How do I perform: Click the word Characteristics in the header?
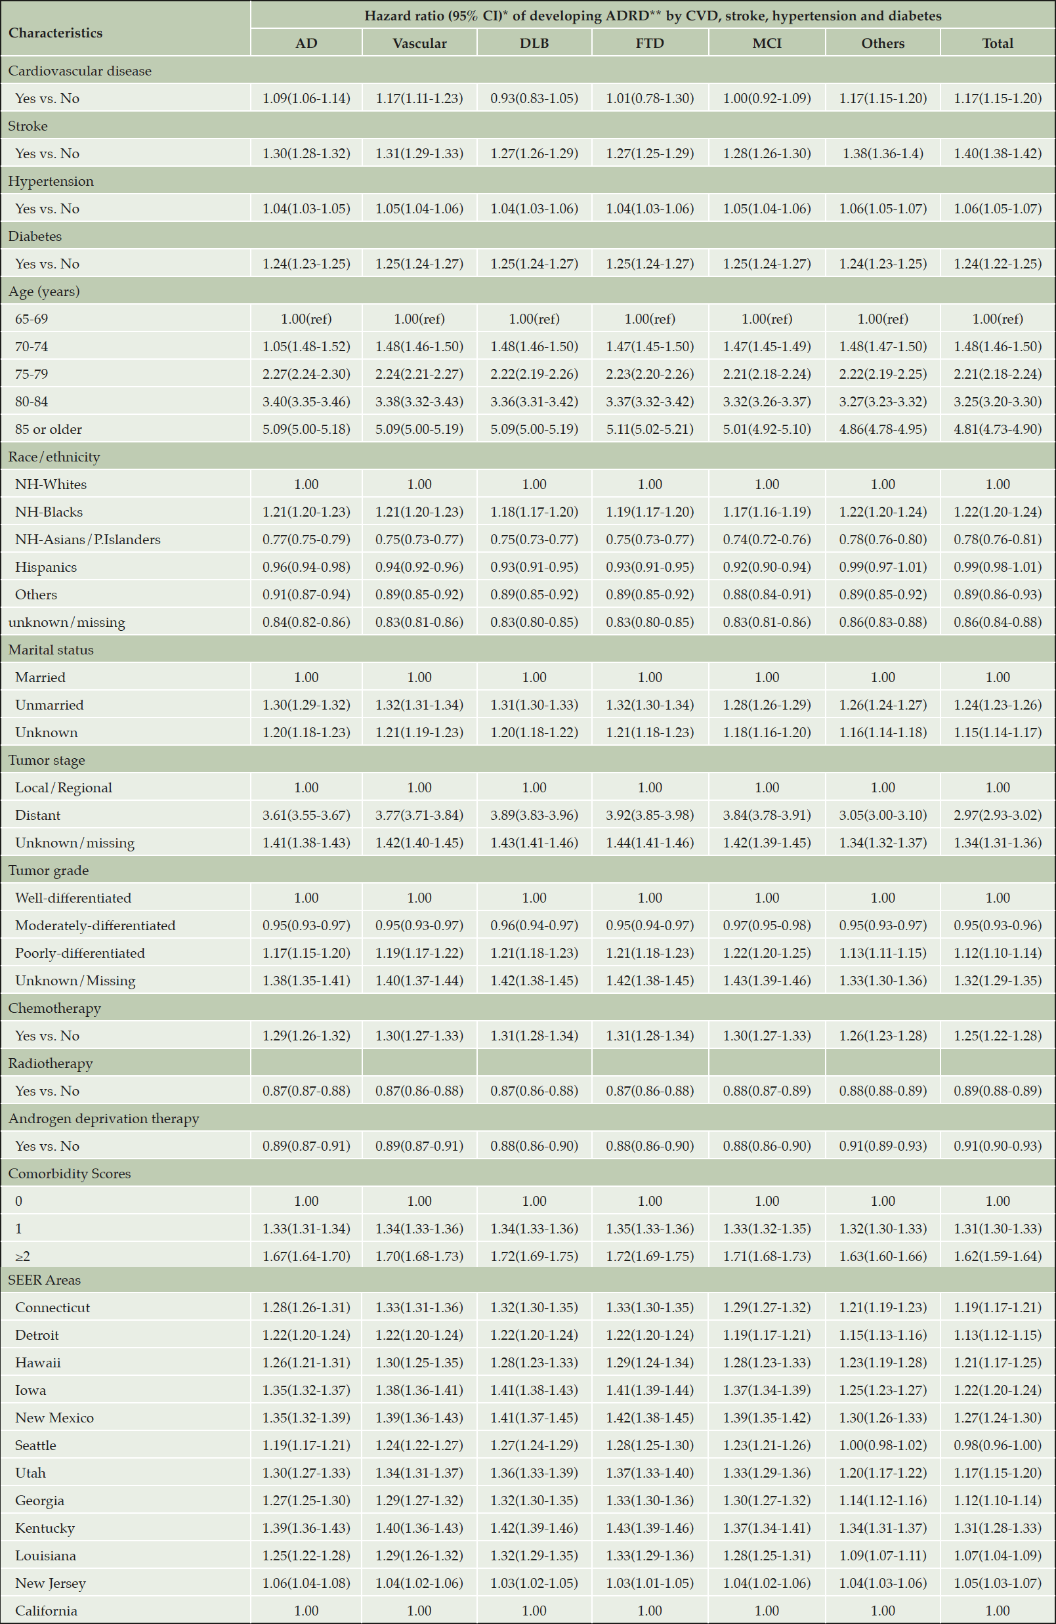(x=55, y=33)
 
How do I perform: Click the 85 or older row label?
(x=49, y=429)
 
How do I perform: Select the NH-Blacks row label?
(x=49, y=512)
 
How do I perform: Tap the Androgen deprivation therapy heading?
(x=104, y=1119)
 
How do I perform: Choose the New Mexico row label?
(x=54, y=1417)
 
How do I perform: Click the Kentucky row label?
(x=45, y=1528)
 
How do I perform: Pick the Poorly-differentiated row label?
(x=80, y=953)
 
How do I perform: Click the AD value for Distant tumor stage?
(x=306, y=815)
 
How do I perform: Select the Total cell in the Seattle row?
(x=998, y=1445)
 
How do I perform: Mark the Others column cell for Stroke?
(x=883, y=154)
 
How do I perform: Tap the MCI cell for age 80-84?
(x=767, y=402)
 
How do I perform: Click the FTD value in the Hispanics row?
(x=650, y=567)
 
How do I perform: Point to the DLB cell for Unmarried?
(x=534, y=705)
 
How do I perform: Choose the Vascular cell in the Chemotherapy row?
(x=419, y=1036)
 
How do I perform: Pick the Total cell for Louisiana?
(x=998, y=1555)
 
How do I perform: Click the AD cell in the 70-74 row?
(x=306, y=347)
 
